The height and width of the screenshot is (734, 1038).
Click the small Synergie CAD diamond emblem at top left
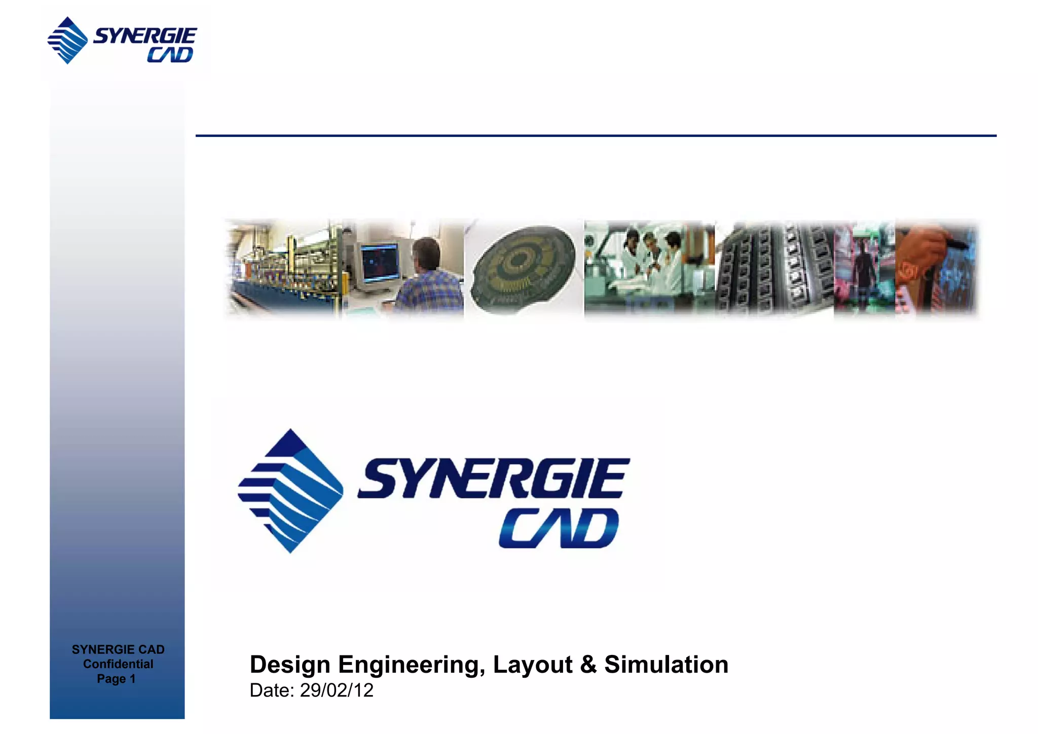click(67, 41)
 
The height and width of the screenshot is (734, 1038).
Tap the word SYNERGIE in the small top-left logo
click(145, 36)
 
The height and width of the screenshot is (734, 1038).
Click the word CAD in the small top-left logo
click(170, 55)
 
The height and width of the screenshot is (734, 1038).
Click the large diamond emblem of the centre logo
click(290, 491)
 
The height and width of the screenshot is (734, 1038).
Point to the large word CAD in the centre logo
click(559, 528)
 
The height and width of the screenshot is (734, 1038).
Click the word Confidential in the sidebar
click(118, 664)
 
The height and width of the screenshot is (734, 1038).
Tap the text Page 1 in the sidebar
click(116, 679)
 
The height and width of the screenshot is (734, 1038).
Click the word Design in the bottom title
click(290, 665)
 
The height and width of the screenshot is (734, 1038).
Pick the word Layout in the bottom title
click(533, 665)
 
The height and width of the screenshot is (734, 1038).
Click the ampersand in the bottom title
click(588, 665)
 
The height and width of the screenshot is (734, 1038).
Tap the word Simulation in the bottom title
click(666, 665)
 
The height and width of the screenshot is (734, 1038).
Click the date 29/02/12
click(337, 690)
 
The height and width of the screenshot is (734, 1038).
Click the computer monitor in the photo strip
click(380, 263)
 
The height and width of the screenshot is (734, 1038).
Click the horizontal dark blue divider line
click(596, 136)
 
